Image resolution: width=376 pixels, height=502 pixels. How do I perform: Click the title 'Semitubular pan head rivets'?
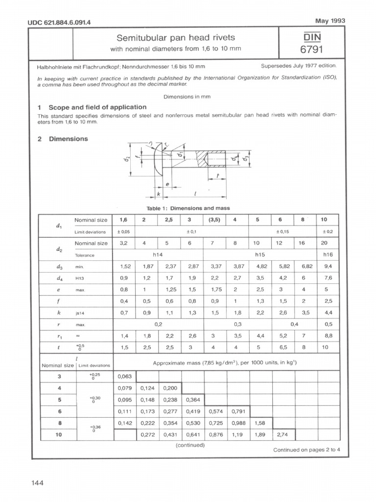[x=175, y=38]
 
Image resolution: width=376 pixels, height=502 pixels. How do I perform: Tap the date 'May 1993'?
[x=331, y=21]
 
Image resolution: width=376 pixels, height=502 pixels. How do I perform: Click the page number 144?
[x=38, y=483]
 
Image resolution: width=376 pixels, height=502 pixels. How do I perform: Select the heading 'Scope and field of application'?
[x=97, y=107]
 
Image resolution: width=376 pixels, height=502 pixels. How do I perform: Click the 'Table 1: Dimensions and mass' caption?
[x=188, y=208]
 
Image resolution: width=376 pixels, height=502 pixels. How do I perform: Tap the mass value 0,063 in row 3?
[x=124, y=376]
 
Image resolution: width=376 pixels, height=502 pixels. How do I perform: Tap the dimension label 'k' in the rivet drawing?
[x=159, y=194]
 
